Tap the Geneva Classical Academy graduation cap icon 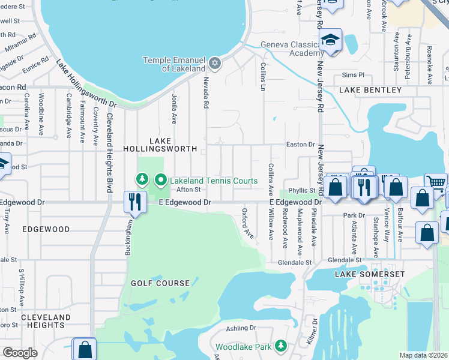coord(330,40)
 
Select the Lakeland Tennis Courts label coord(214,180)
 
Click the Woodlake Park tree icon coord(280,346)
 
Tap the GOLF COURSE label coord(160,283)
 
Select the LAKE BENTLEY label coord(370,90)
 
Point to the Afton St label coord(187,190)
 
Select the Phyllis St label coord(302,190)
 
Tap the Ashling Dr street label coord(241,329)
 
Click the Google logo coord(20,353)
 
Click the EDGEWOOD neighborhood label coord(46,229)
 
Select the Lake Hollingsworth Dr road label coord(86,85)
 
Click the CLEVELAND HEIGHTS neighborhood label coord(46,321)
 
